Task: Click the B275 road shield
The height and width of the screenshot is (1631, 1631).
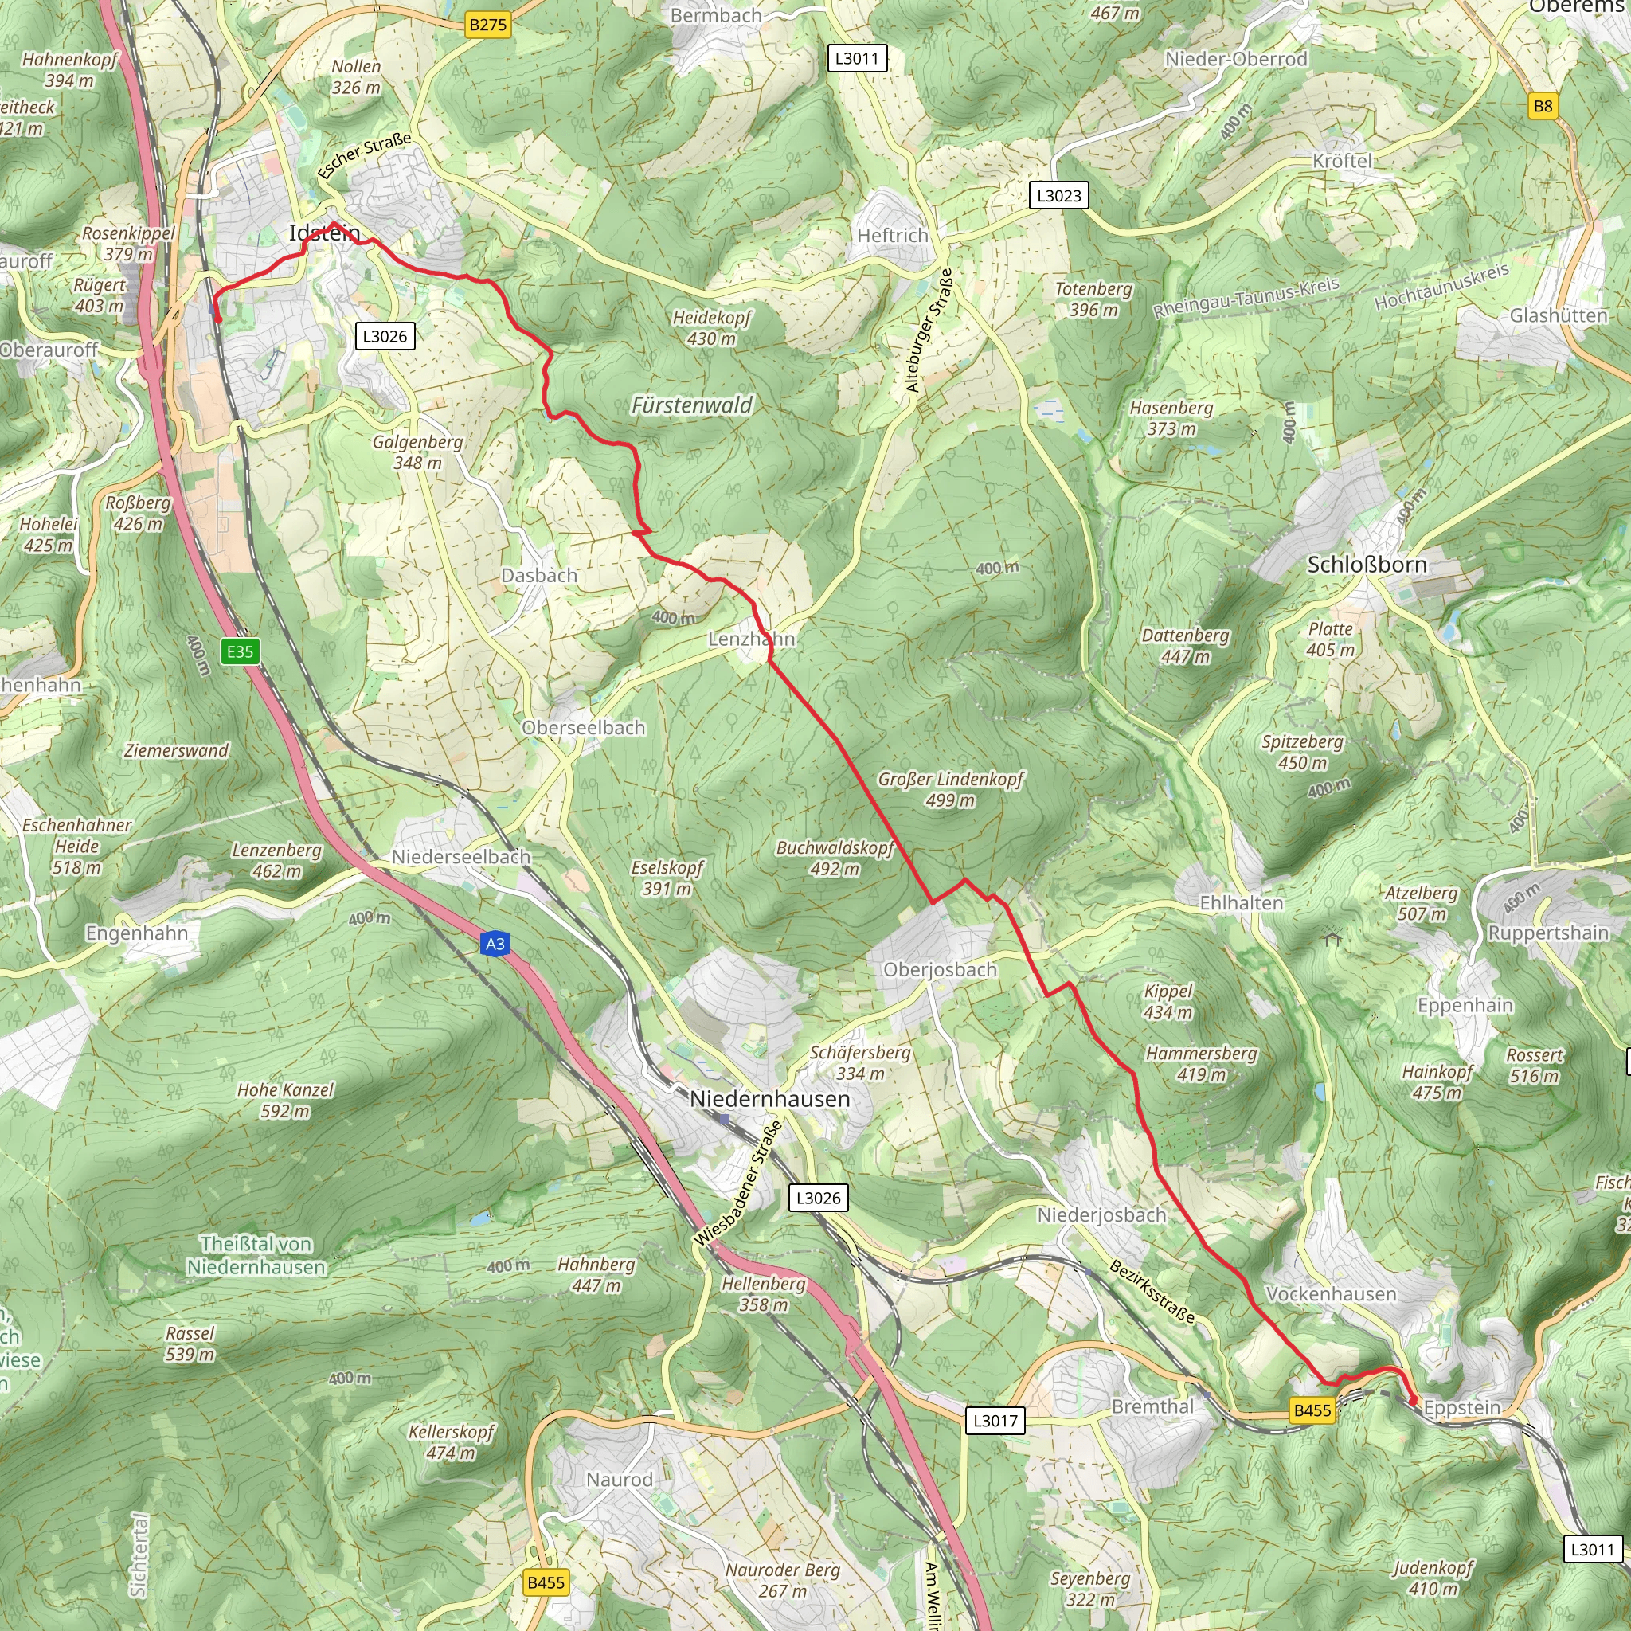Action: coord(488,25)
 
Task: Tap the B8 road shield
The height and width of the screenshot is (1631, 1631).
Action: coord(1543,107)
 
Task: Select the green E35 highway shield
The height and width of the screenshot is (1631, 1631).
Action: coord(240,651)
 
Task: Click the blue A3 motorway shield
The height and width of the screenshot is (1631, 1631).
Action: coord(495,944)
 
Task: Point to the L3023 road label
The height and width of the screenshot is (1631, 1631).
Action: coord(1058,196)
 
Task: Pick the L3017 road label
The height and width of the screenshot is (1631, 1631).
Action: coord(995,1420)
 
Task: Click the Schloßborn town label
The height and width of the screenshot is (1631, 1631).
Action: coord(1367,565)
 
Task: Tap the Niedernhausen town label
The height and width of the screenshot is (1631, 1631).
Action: coord(769,1099)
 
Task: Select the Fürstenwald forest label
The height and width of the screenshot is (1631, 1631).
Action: coord(691,406)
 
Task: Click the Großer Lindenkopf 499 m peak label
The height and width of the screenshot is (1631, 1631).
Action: coord(951,789)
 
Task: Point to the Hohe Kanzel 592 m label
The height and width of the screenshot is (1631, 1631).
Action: coord(285,1100)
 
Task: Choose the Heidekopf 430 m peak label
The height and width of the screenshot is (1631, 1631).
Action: coord(712,328)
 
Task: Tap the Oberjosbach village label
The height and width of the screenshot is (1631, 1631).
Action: coord(940,970)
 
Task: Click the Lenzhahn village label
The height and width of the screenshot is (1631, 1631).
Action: coord(751,639)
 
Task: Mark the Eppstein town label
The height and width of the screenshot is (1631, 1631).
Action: coord(1462,1407)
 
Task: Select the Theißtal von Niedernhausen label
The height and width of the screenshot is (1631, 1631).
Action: coord(256,1255)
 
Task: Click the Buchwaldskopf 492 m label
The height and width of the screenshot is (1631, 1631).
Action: coord(835,858)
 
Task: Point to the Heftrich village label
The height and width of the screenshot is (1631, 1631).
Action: coord(892,236)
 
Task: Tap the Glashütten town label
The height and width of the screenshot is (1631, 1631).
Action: coord(1559,315)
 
